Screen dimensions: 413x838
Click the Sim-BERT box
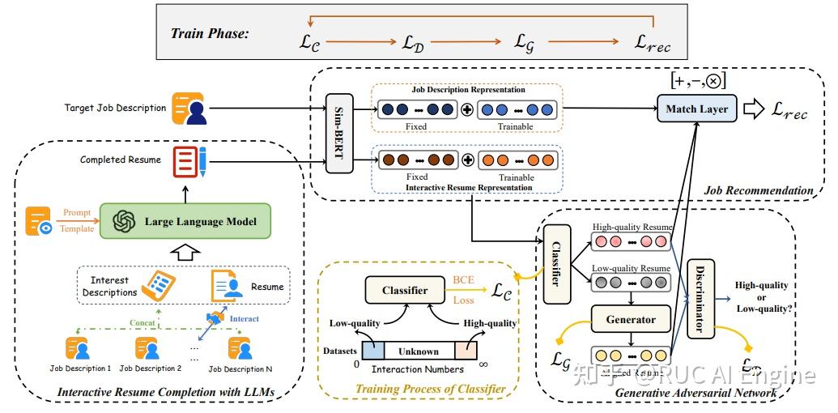[x=338, y=134]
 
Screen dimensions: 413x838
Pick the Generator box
[x=631, y=319]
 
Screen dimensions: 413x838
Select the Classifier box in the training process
[x=405, y=290]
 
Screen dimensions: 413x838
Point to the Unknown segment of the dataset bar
[x=418, y=351]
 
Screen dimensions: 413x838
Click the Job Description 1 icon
[x=79, y=348]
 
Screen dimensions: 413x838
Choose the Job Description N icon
[x=240, y=348]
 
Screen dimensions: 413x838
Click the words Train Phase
[x=210, y=34]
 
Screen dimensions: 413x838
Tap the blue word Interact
[x=245, y=318]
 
